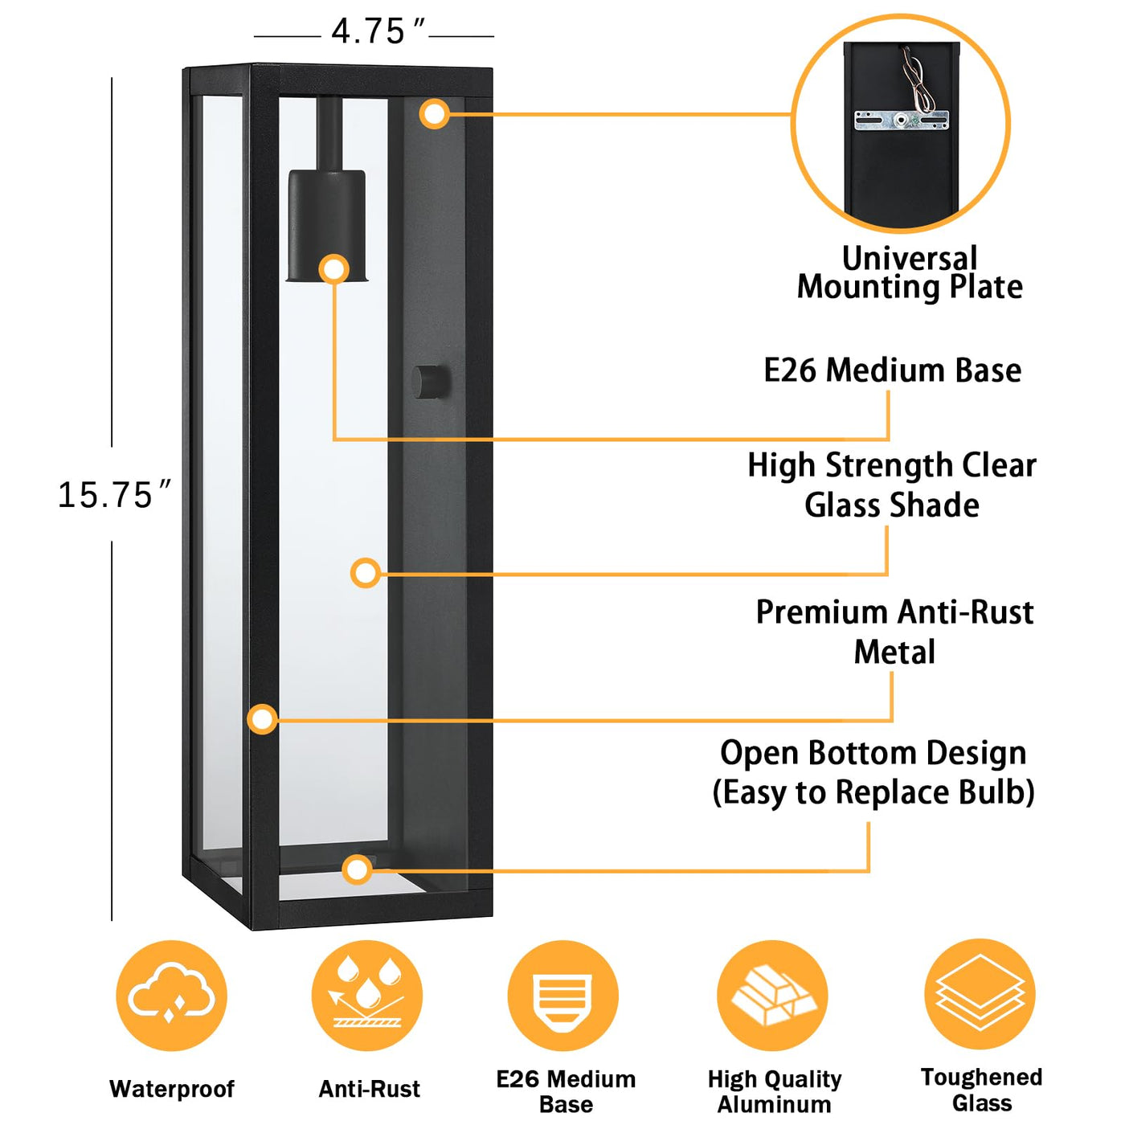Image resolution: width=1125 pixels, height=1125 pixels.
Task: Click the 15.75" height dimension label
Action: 112,495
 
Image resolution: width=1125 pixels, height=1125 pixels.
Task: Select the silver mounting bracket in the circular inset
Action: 901,121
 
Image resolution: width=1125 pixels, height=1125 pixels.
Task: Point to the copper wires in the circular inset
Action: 916,80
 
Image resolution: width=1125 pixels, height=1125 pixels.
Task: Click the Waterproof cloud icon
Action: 171,996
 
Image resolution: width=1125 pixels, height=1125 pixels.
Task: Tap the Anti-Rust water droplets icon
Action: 367,996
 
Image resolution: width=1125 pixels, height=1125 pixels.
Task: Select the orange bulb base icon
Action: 562,996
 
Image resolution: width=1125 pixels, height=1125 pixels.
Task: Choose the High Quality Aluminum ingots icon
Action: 772,996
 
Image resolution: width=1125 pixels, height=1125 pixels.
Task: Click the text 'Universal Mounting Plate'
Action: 910,273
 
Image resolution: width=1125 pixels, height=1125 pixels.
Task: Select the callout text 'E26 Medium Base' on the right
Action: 892,370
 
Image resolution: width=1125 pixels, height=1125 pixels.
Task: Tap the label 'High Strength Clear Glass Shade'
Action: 892,485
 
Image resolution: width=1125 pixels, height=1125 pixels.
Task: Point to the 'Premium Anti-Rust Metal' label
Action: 894,632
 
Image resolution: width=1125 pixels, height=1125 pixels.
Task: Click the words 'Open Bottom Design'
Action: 873,754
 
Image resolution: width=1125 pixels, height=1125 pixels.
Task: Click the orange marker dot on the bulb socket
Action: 334,269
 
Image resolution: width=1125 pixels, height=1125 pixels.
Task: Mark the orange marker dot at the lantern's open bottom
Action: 357,869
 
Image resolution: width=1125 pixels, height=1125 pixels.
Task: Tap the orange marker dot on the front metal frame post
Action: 262,718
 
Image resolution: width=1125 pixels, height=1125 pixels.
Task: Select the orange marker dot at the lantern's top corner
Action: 434,114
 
